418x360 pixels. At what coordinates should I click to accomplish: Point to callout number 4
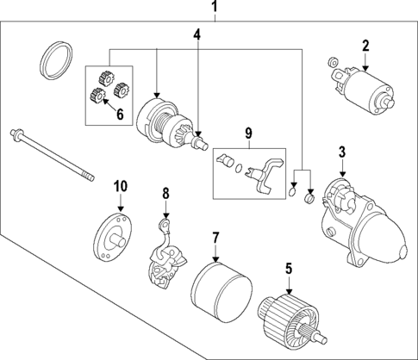pos(197,35)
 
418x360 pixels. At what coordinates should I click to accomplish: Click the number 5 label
pos(289,267)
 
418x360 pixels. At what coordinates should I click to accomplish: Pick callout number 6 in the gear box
pos(119,114)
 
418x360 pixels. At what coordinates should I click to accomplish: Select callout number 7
pos(216,236)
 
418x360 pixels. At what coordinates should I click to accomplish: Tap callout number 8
pos(166,194)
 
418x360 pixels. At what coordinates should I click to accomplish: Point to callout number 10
pos(120,186)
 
